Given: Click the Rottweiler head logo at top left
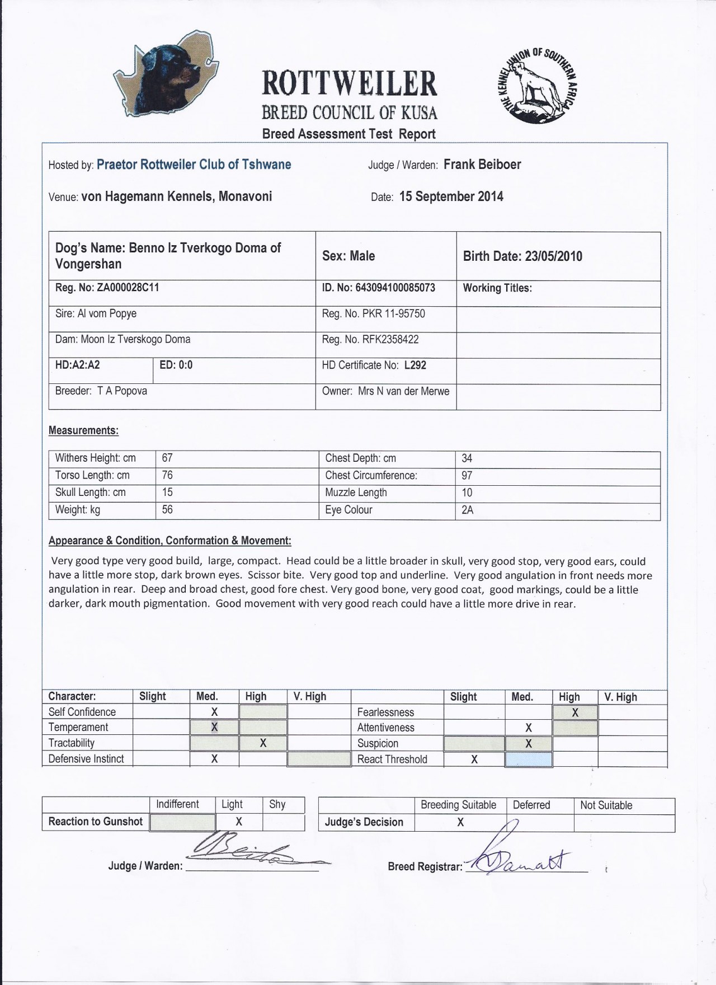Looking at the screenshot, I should [x=166, y=74].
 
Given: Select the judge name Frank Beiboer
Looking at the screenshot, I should [x=482, y=165].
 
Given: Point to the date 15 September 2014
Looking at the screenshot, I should [x=451, y=196].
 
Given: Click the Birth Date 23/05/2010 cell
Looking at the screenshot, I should [x=522, y=256].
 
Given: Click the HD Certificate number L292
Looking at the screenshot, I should [x=415, y=365].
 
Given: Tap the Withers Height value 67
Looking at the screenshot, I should [x=167, y=458].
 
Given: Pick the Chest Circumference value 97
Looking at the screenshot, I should [x=467, y=476].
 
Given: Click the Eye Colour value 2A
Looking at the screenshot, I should [x=468, y=510].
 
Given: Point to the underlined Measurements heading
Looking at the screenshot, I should [x=83, y=430].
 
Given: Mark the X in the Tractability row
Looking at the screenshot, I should [x=263, y=743].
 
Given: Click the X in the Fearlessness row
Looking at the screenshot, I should [x=575, y=712].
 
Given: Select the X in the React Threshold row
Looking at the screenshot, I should [x=474, y=759].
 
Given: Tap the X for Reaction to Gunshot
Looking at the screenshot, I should [x=239, y=822].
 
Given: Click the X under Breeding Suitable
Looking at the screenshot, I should [x=460, y=822].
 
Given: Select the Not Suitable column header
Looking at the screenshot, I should [x=606, y=805].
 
